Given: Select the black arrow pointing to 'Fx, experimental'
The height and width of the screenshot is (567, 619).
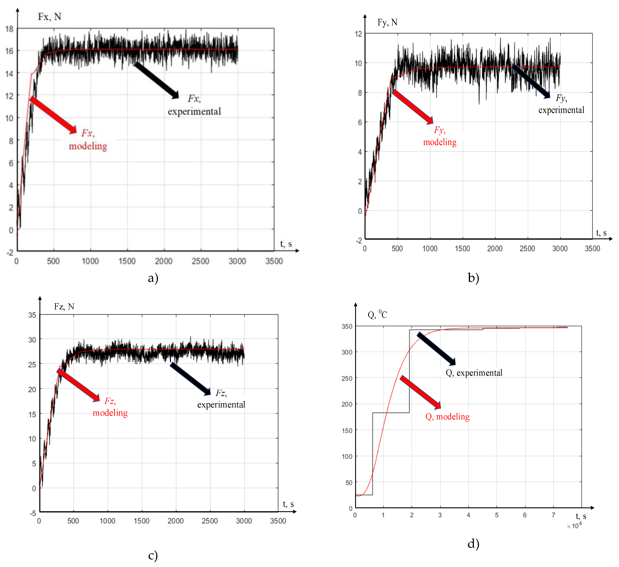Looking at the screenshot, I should [157, 80].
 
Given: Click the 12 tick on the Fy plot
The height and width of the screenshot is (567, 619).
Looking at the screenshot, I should [358, 34].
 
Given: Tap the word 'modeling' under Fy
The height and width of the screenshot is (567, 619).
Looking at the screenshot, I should [439, 142].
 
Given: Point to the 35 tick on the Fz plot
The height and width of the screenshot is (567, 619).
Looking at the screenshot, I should [32, 315].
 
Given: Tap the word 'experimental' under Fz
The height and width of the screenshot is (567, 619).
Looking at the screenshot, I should [221, 405].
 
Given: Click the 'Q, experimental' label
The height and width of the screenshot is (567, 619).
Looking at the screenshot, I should [474, 373].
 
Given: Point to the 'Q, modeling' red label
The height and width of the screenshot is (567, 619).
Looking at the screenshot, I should [447, 417].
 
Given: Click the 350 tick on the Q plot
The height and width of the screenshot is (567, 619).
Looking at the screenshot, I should [347, 326].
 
